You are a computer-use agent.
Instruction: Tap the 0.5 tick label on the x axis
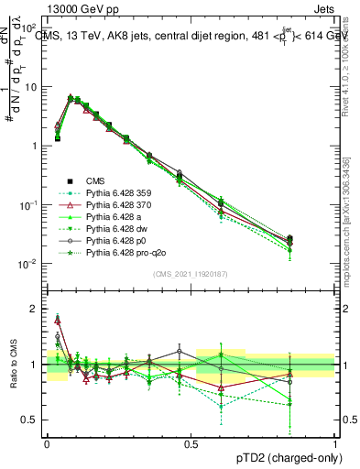(x=191, y=443)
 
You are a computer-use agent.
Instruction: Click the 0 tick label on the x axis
(x=47, y=443)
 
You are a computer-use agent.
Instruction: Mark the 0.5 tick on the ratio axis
(x=32, y=420)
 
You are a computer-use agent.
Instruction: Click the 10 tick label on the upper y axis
(x=31, y=87)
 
